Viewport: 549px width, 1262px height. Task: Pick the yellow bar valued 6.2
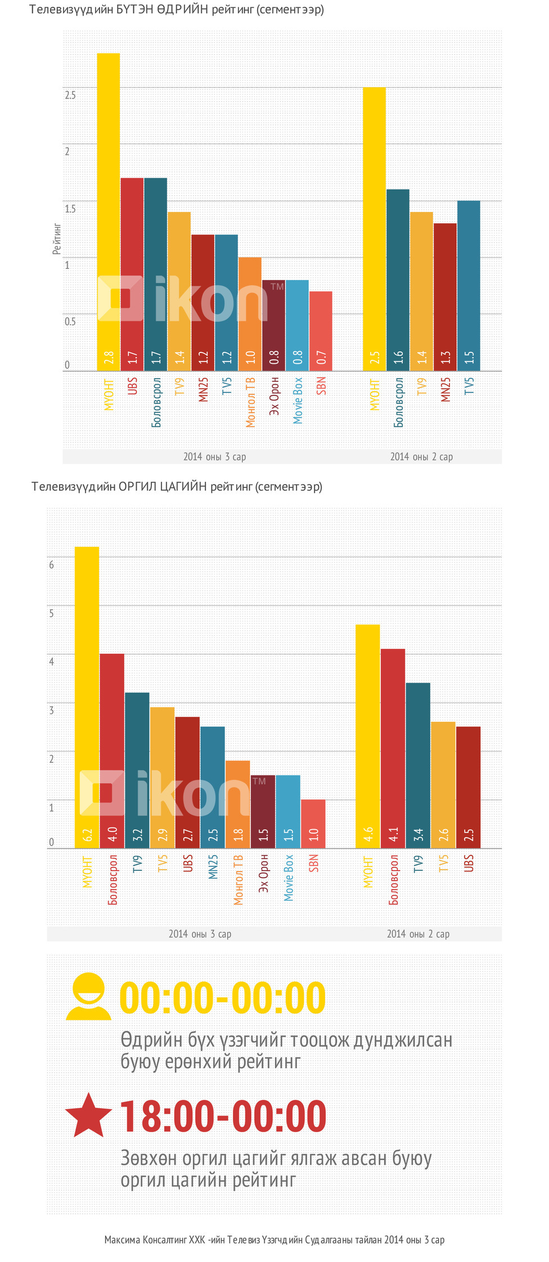click(87, 697)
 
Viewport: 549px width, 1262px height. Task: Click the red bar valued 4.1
click(393, 748)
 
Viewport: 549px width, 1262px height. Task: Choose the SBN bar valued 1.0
click(313, 824)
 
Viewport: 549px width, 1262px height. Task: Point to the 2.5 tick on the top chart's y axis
click(70, 95)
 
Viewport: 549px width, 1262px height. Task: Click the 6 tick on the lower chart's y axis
click(52, 564)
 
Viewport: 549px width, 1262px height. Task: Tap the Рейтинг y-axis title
click(57, 239)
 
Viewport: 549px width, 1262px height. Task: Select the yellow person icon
click(88, 997)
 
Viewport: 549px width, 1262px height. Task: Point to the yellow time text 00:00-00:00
click(223, 998)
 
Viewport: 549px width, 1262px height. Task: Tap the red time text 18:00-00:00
click(223, 1116)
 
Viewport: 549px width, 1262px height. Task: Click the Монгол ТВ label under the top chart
click(250, 402)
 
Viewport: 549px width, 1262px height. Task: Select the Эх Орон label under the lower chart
click(263, 874)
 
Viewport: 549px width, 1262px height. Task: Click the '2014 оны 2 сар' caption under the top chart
click(421, 456)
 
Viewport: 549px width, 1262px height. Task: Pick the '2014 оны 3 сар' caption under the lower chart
click(200, 934)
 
